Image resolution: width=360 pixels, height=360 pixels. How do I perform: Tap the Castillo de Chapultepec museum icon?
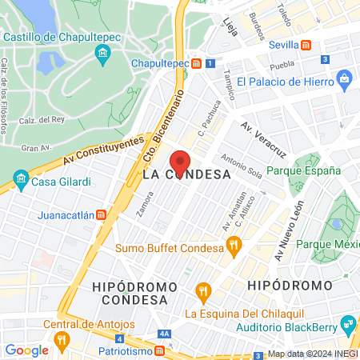click(x=102, y=54)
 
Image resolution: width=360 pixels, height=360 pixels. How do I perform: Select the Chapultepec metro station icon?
click(x=196, y=62)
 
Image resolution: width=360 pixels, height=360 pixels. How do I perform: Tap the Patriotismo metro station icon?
click(x=160, y=350)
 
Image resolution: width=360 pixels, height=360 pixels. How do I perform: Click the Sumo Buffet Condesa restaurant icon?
click(x=234, y=247)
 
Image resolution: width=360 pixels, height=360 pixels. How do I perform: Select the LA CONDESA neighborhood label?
click(x=186, y=174)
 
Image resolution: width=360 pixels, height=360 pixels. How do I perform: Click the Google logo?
click(x=26, y=350)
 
